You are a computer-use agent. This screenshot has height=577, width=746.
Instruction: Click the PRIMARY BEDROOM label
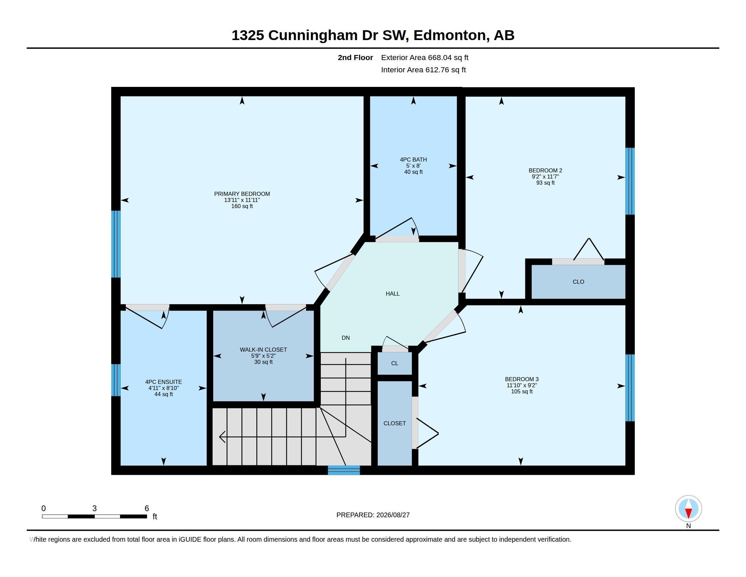tap(242, 194)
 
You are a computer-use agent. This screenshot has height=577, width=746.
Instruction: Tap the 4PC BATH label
tap(413, 160)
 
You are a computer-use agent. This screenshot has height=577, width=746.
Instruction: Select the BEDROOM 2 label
tap(545, 171)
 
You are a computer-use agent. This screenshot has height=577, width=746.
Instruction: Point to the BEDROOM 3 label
tap(522, 379)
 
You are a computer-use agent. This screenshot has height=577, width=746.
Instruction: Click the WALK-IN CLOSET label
tap(263, 350)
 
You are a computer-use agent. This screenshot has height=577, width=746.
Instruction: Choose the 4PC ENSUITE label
tap(163, 382)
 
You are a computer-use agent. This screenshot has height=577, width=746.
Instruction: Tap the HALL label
tap(392, 294)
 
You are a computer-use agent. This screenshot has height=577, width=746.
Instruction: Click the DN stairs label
tap(346, 338)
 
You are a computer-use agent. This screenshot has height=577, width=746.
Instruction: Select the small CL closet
tap(394, 364)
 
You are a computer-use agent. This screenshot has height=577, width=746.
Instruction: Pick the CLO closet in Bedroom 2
tap(578, 282)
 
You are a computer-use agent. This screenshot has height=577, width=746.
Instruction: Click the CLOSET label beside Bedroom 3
tap(394, 423)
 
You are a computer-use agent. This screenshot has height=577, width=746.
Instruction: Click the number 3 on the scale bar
tap(94, 508)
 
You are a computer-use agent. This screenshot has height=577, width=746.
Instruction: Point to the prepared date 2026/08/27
tap(393, 515)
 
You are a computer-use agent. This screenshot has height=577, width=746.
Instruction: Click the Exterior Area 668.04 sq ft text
tap(425, 57)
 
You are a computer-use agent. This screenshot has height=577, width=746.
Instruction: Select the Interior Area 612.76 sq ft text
tap(423, 70)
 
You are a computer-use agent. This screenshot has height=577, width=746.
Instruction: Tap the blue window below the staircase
tap(343, 470)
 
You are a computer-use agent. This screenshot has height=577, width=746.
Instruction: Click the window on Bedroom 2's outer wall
tap(630, 181)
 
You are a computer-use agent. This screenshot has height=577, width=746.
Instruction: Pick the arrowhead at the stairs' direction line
tap(222, 437)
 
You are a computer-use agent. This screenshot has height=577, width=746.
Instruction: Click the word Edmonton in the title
tap(450, 36)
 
